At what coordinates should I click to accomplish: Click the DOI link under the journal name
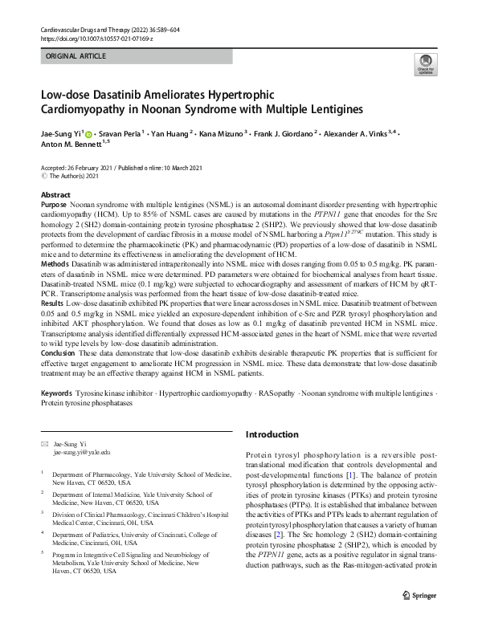[96, 39]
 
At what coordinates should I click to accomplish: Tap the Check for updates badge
[425, 65]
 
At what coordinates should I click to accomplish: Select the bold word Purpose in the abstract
[56, 206]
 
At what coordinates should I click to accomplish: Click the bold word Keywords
[56, 393]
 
